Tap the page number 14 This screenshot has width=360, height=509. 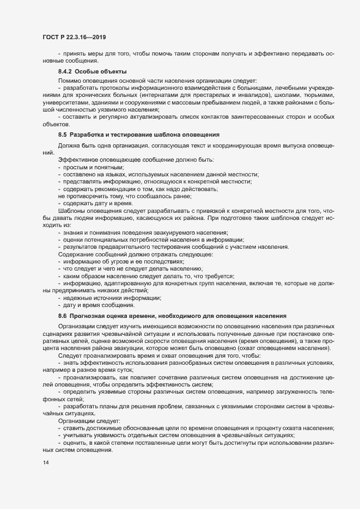click(45, 463)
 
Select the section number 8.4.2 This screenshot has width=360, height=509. click(65, 72)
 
